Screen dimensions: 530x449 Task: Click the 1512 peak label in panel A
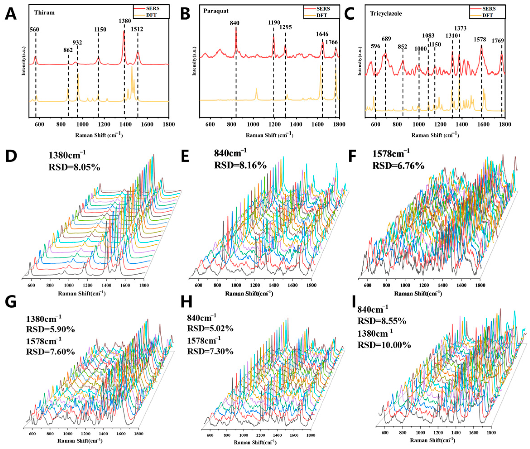click(137, 29)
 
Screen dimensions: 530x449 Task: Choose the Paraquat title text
click(216, 11)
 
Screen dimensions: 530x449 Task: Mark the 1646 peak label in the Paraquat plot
click(322, 34)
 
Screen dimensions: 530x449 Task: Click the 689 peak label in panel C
click(386, 39)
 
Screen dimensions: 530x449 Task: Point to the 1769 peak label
click(498, 41)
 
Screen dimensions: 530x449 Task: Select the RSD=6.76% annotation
click(398, 166)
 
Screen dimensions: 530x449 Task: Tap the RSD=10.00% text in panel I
click(384, 345)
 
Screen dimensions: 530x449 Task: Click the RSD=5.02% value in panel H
click(210, 329)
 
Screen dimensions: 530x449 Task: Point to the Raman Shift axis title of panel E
click(249, 294)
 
